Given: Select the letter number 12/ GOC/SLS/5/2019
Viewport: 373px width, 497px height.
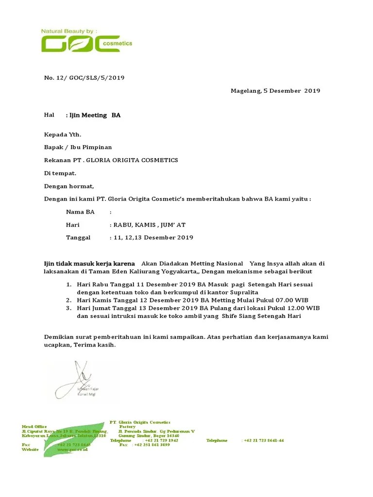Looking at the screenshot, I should point(87,77).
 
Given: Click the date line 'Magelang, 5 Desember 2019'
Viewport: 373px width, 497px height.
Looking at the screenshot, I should point(275,91).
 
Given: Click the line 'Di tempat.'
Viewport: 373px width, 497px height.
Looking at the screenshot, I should point(60,173).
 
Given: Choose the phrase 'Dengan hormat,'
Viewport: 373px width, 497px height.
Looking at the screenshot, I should point(69,186).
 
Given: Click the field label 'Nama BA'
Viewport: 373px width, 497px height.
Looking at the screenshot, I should point(80,212).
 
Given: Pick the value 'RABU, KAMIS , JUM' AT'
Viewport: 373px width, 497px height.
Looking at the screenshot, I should point(149,225).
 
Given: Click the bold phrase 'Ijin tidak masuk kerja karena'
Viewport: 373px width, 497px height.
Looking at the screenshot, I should point(90,264).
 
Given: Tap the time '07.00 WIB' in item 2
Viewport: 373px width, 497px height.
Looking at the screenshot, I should point(292,301).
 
